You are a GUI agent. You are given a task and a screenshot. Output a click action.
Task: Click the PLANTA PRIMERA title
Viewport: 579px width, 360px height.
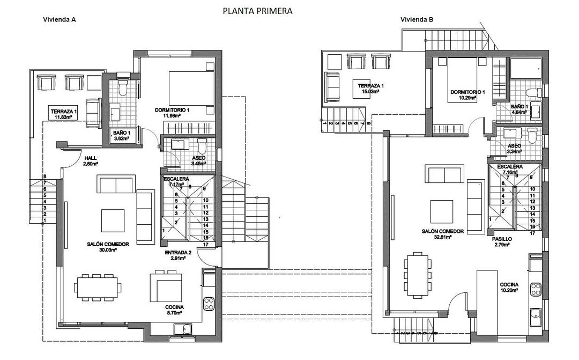258,11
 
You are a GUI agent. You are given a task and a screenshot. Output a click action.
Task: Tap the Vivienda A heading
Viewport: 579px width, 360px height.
59,19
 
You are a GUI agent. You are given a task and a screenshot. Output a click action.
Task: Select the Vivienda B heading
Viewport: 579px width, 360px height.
417,19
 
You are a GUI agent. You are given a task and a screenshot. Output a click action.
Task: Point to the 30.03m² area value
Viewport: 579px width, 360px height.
108,250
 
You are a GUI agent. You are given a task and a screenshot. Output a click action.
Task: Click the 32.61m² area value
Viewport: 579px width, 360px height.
442,237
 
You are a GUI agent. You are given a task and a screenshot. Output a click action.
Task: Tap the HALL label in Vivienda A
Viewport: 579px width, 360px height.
90,158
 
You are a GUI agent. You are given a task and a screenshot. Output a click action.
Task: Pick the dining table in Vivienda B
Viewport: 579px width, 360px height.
418,274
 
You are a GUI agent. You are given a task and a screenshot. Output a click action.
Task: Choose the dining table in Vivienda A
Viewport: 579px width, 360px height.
96,286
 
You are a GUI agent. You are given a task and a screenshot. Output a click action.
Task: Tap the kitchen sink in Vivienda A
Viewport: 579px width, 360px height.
186,329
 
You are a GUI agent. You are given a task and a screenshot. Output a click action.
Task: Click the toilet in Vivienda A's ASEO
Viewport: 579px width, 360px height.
202,146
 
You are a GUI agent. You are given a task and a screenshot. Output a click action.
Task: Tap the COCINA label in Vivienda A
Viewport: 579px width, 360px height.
174,307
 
